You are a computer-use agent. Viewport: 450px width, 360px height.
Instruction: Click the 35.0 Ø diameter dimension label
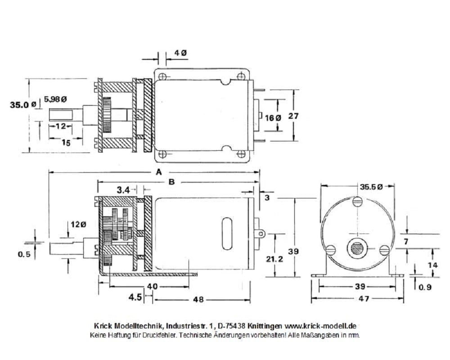(22, 105)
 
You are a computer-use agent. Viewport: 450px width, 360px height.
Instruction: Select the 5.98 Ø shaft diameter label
(55, 99)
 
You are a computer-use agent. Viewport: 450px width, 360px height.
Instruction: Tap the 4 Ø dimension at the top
(180, 53)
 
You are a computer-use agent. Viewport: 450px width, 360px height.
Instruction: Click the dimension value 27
(293, 116)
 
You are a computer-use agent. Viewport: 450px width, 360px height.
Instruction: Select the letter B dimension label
(171, 182)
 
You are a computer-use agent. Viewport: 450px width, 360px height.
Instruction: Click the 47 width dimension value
(358, 299)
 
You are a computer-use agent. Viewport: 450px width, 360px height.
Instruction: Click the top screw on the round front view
(357, 202)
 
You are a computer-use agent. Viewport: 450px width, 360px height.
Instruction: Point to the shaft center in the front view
(357, 249)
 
